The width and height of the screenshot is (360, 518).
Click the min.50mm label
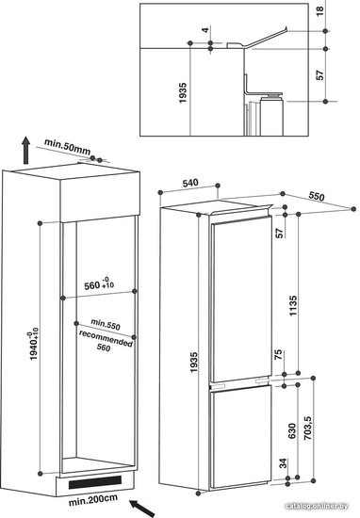pos(68,147)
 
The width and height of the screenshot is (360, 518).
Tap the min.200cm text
pos(93,500)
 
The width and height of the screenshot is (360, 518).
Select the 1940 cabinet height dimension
pos(34,344)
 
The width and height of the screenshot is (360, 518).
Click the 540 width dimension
pos(190,183)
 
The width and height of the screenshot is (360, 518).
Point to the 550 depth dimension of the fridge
pos(317,196)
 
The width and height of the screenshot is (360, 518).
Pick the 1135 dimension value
pos(293,305)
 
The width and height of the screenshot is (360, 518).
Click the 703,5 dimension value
pos(307,428)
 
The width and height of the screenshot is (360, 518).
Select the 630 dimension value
pos(292,430)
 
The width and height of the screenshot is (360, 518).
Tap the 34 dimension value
pos(284,463)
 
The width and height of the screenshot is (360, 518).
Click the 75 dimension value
pos(279,354)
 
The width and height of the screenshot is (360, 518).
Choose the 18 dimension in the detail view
pos(320,11)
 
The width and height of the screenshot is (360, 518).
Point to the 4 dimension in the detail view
pos(206,30)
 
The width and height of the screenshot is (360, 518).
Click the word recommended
pos(106,338)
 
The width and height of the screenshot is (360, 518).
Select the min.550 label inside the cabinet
pos(106,324)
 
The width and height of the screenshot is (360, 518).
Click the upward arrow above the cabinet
pos(25,151)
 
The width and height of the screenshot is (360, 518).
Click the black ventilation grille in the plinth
pos(95,481)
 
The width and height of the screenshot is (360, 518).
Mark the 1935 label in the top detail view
pos(183,93)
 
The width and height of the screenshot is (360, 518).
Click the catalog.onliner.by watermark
pos(317,506)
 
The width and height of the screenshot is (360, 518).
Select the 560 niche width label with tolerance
pos(99,284)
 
